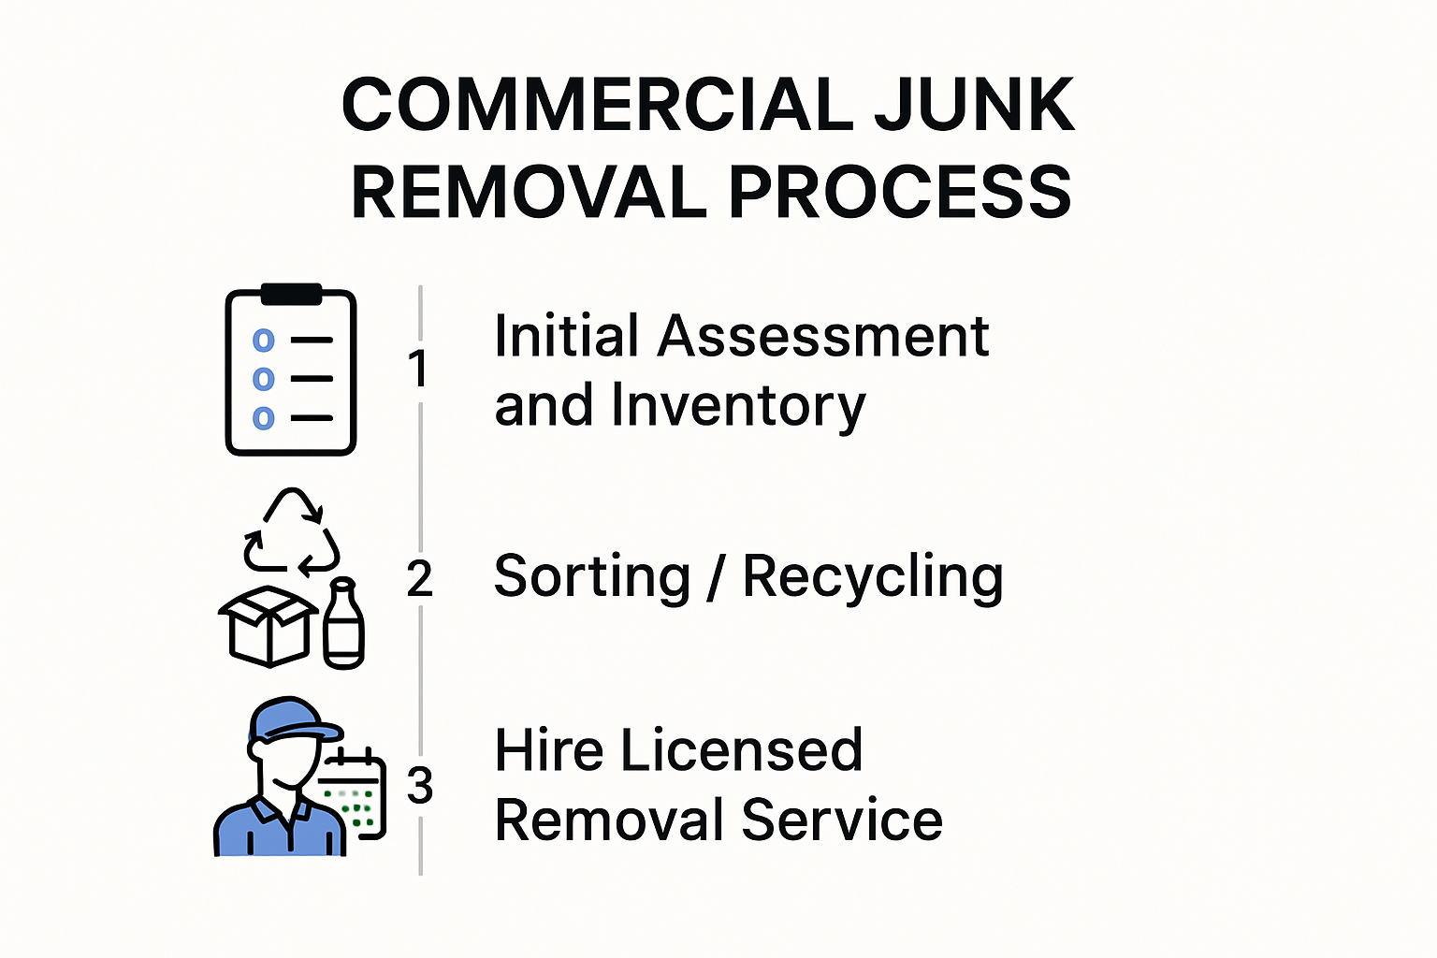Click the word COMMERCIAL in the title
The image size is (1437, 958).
click(598, 105)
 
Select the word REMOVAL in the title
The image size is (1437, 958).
click(529, 193)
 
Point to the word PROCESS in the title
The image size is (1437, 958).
click(900, 193)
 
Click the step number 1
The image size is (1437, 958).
click(418, 369)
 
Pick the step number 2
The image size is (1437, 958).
click(420, 579)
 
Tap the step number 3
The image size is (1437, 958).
click(420, 786)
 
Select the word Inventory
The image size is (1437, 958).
click(738, 406)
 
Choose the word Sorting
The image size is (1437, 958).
click(591, 577)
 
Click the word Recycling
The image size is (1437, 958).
click(872, 577)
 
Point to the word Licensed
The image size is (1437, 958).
click(741, 750)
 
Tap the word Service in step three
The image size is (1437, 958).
click(842, 820)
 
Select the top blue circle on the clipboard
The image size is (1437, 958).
click(264, 341)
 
